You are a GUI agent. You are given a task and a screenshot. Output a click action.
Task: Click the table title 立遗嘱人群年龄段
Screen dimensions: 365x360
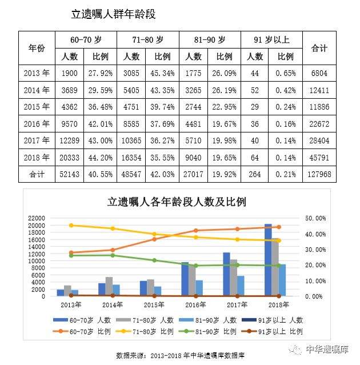pyautogui.click(x=113, y=14)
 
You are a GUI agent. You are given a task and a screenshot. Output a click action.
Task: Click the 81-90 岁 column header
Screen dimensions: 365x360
pyautogui.click(x=210, y=40)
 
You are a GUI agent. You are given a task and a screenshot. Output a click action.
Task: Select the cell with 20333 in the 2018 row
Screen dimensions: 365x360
pyautogui.click(x=70, y=157)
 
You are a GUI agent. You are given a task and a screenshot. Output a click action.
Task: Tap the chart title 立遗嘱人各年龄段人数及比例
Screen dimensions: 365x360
pyautogui.click(x=176, y=201)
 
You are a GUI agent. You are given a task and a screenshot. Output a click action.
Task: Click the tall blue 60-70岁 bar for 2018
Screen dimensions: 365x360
pyautogui.click(x=268, y=260)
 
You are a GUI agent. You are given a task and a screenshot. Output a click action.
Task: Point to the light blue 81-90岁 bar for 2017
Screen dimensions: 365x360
pyautogui.click(x=241, y=286)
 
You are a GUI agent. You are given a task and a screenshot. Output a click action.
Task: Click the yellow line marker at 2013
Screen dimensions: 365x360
pyautogui.click(x=71, y=225)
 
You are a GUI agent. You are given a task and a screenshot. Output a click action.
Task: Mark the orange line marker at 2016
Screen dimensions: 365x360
pyautogui.click(x=195, y=231)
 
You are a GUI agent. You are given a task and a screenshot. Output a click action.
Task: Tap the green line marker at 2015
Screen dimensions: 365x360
pyautogui.click(x=154, y=260)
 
